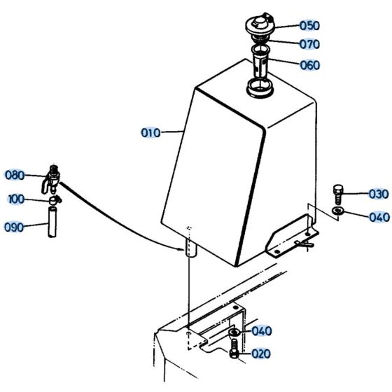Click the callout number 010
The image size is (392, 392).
[150, 132]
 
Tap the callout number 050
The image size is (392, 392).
[309, 25]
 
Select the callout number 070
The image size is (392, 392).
[309, 44]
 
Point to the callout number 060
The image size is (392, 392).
[309, 65]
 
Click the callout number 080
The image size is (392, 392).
[15, 175]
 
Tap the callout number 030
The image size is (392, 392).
[378, 194]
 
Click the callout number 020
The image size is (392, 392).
[260, 354]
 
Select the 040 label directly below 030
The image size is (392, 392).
[378, 216]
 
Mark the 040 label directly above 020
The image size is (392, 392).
[261, 331]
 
